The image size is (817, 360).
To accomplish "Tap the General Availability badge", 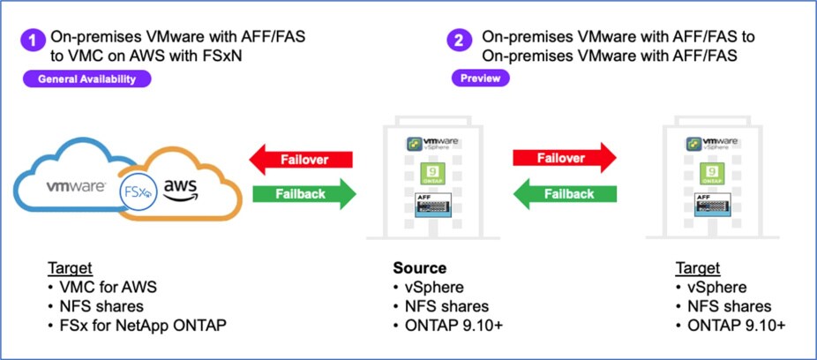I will [x=87, y=79].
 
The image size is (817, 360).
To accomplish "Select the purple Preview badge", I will [x=479, y=79].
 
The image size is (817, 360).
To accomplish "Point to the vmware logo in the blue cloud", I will [x=77, y=187].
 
